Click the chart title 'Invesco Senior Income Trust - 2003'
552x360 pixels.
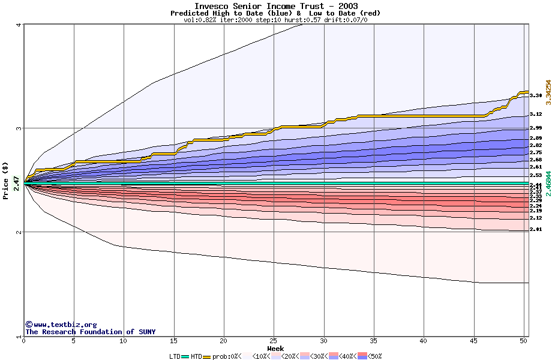pyautogui.click(x=276, y=6)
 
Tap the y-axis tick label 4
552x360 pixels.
pyautogui.click(x=19, y=25)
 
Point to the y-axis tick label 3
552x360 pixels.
pyautogui.click(x=19, y=128)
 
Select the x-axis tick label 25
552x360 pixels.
pyautogui.click(x=274, y=341)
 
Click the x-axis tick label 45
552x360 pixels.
pyautogui.click(x=473, y=341)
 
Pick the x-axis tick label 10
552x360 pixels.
pyautogui.click(x=124, y=341)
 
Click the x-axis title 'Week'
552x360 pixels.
pyautogui.click(x=275, y=348)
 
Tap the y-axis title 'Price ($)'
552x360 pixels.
pyautogui.click(x=5, y=181)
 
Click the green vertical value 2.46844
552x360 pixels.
pyautogui.click(x=548, y=182)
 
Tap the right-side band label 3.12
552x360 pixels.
pyautogui.click(x=536, y=114)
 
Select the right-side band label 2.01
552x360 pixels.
pyautogui.click(x=536, y=229)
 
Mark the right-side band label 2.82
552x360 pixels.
pyautogui.click(x=536, y=145)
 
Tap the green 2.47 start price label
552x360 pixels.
pyautogui.click(x=16, y=182)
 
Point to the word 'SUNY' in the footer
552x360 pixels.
pyautogui.click(x=146, y=332)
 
